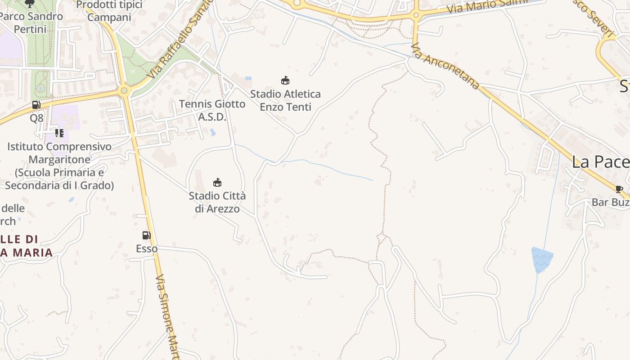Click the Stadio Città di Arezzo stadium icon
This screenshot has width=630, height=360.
217,182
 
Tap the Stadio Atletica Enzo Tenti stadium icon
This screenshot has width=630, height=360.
285,81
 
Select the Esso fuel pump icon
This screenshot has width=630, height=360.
146,235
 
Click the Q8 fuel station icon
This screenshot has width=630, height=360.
36,105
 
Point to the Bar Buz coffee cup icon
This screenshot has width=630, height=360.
619,189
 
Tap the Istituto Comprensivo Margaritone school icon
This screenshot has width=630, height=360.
59,133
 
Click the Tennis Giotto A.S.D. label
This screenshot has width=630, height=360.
212,110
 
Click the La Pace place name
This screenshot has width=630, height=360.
600,162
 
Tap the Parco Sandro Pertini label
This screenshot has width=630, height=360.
31,22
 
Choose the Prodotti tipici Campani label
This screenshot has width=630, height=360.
109,11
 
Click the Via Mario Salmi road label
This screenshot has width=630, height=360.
487,5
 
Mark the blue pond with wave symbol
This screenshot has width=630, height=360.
542,259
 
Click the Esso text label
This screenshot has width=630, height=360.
147,248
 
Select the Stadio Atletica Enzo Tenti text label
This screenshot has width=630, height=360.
285,100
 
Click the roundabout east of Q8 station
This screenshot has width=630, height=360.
125,91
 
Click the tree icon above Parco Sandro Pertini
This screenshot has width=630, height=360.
30,4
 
